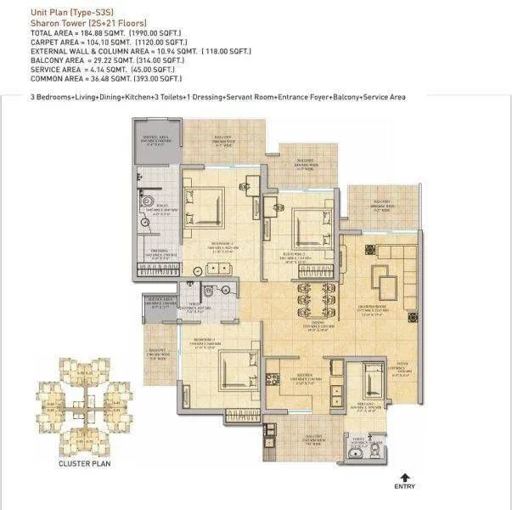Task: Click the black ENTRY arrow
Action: [405, 478]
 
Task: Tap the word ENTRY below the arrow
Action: [405, 488]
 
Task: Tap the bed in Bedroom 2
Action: [305, 228]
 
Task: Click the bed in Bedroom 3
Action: [230, 371]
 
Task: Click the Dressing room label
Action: [156, 253]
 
